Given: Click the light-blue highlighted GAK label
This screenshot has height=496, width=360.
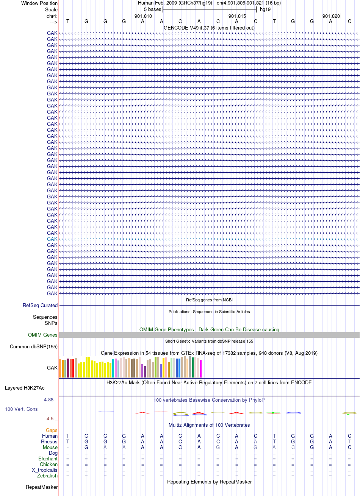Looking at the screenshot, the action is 52,239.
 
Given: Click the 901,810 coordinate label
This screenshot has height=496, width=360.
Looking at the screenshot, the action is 143,16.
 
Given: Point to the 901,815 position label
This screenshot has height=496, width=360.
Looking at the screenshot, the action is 237,16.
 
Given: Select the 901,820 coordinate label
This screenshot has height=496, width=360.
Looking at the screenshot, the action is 331,16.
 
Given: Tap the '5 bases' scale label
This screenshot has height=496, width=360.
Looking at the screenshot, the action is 152,9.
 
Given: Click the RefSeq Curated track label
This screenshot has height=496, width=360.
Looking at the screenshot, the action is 40,305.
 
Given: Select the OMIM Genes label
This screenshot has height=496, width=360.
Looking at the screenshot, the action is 42,335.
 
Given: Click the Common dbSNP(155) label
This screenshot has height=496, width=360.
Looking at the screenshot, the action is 34,346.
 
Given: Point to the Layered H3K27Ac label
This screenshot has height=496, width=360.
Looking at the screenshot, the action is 25,388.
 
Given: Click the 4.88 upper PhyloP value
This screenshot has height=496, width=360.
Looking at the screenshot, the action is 49,400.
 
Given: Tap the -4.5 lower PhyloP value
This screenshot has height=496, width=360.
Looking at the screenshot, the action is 49,418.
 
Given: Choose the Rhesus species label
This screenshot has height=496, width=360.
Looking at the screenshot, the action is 49,441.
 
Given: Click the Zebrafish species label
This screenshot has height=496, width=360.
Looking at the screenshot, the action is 47,476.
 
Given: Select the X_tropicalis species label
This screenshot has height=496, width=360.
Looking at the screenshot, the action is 45,470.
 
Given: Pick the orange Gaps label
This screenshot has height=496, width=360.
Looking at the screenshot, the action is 52,430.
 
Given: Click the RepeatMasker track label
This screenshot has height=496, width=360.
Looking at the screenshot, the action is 42,487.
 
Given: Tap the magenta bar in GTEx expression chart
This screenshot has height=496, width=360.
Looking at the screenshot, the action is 200,369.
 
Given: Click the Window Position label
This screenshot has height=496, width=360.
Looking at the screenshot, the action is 39,3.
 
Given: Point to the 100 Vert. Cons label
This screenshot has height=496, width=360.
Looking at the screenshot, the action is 21,409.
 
